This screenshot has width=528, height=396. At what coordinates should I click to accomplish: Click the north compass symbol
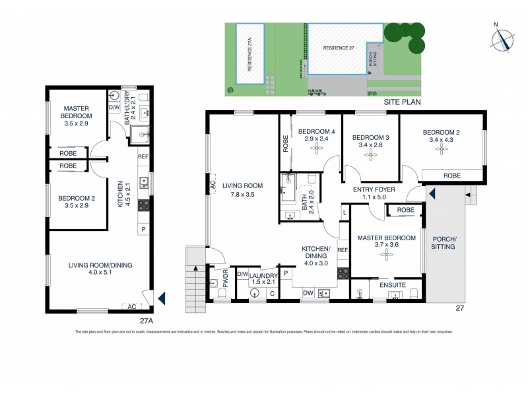[x=501, y=40]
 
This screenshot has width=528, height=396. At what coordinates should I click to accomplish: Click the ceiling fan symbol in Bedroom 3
[x=370, y=153]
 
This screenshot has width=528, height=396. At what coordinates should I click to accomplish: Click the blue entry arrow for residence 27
[x=432, y=194]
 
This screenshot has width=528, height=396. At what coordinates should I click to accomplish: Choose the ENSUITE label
[x=392, y=286]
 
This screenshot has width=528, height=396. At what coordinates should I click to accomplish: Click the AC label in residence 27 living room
[x=213, y=187]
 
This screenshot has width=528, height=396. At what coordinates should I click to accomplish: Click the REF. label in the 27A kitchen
[x=143, y=157]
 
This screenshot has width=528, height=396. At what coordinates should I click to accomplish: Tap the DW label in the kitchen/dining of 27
[x=308, y=293]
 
